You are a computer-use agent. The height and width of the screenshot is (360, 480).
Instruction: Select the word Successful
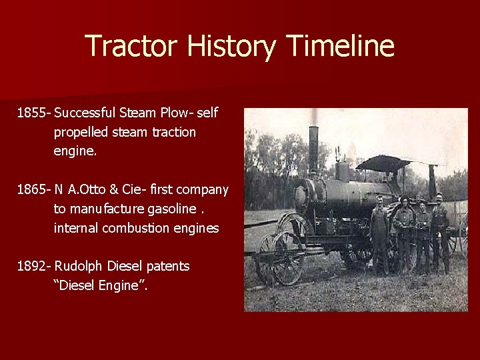(89, 113)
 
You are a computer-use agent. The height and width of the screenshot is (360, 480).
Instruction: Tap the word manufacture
(93, 209)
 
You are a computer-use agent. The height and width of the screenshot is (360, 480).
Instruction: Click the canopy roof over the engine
(384, 163)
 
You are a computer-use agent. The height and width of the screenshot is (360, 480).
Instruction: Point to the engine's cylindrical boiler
(333, 193)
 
